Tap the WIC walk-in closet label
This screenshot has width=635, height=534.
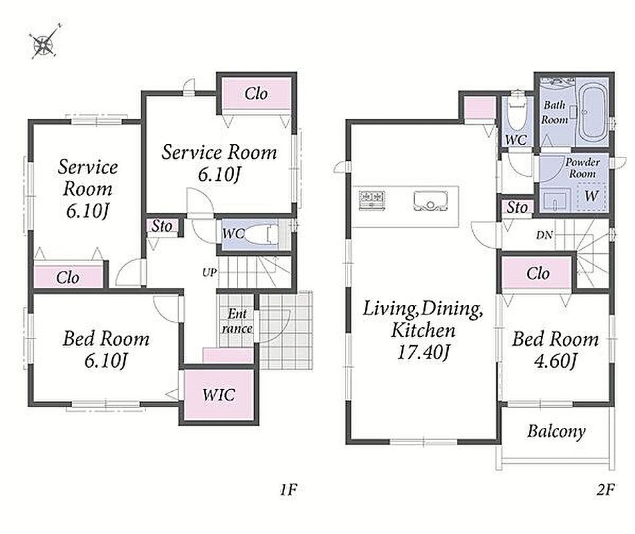click(219, 394)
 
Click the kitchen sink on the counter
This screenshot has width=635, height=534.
click(430, 201)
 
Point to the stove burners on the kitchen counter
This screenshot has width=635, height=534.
click(372, 200)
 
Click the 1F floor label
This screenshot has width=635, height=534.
click(288, 490)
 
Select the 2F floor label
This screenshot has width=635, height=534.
click(606, 490)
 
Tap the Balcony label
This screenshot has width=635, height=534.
click(556, 431)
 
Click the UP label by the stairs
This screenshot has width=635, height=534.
click(209, 272)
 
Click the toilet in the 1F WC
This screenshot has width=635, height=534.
click(262, 234)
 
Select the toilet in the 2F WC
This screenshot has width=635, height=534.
click(516, 109)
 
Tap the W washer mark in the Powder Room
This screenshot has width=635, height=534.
click(591, 196)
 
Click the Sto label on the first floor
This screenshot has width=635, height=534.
click(161, 226)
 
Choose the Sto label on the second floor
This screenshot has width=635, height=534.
click(517, 208)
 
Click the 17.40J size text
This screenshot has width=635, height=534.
click(423, 352)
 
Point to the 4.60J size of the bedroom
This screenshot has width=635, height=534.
click(556, 360)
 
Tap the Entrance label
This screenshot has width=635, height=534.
click(237, 321)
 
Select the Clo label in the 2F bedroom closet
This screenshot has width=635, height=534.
click(538, 274)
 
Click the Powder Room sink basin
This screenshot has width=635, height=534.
click(556, 200)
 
